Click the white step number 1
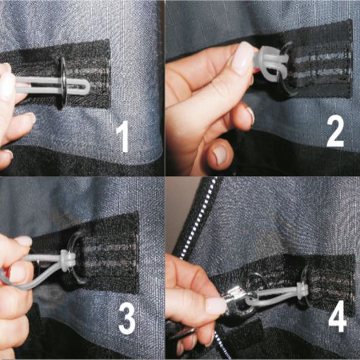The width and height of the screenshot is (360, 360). coord(124,136)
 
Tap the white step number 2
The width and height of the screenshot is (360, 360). coord(335,130)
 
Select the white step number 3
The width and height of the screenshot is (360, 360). coord(127,318)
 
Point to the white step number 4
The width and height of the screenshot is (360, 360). coord(338,316)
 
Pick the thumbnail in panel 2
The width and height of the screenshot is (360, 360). coord(243,58)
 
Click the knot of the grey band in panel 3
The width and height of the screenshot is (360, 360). coord(67,261)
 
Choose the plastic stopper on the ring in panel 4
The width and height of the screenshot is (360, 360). coord(302,291)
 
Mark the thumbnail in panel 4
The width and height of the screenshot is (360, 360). coord(215,306)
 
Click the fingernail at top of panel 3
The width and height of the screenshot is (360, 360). coord(23,241)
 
